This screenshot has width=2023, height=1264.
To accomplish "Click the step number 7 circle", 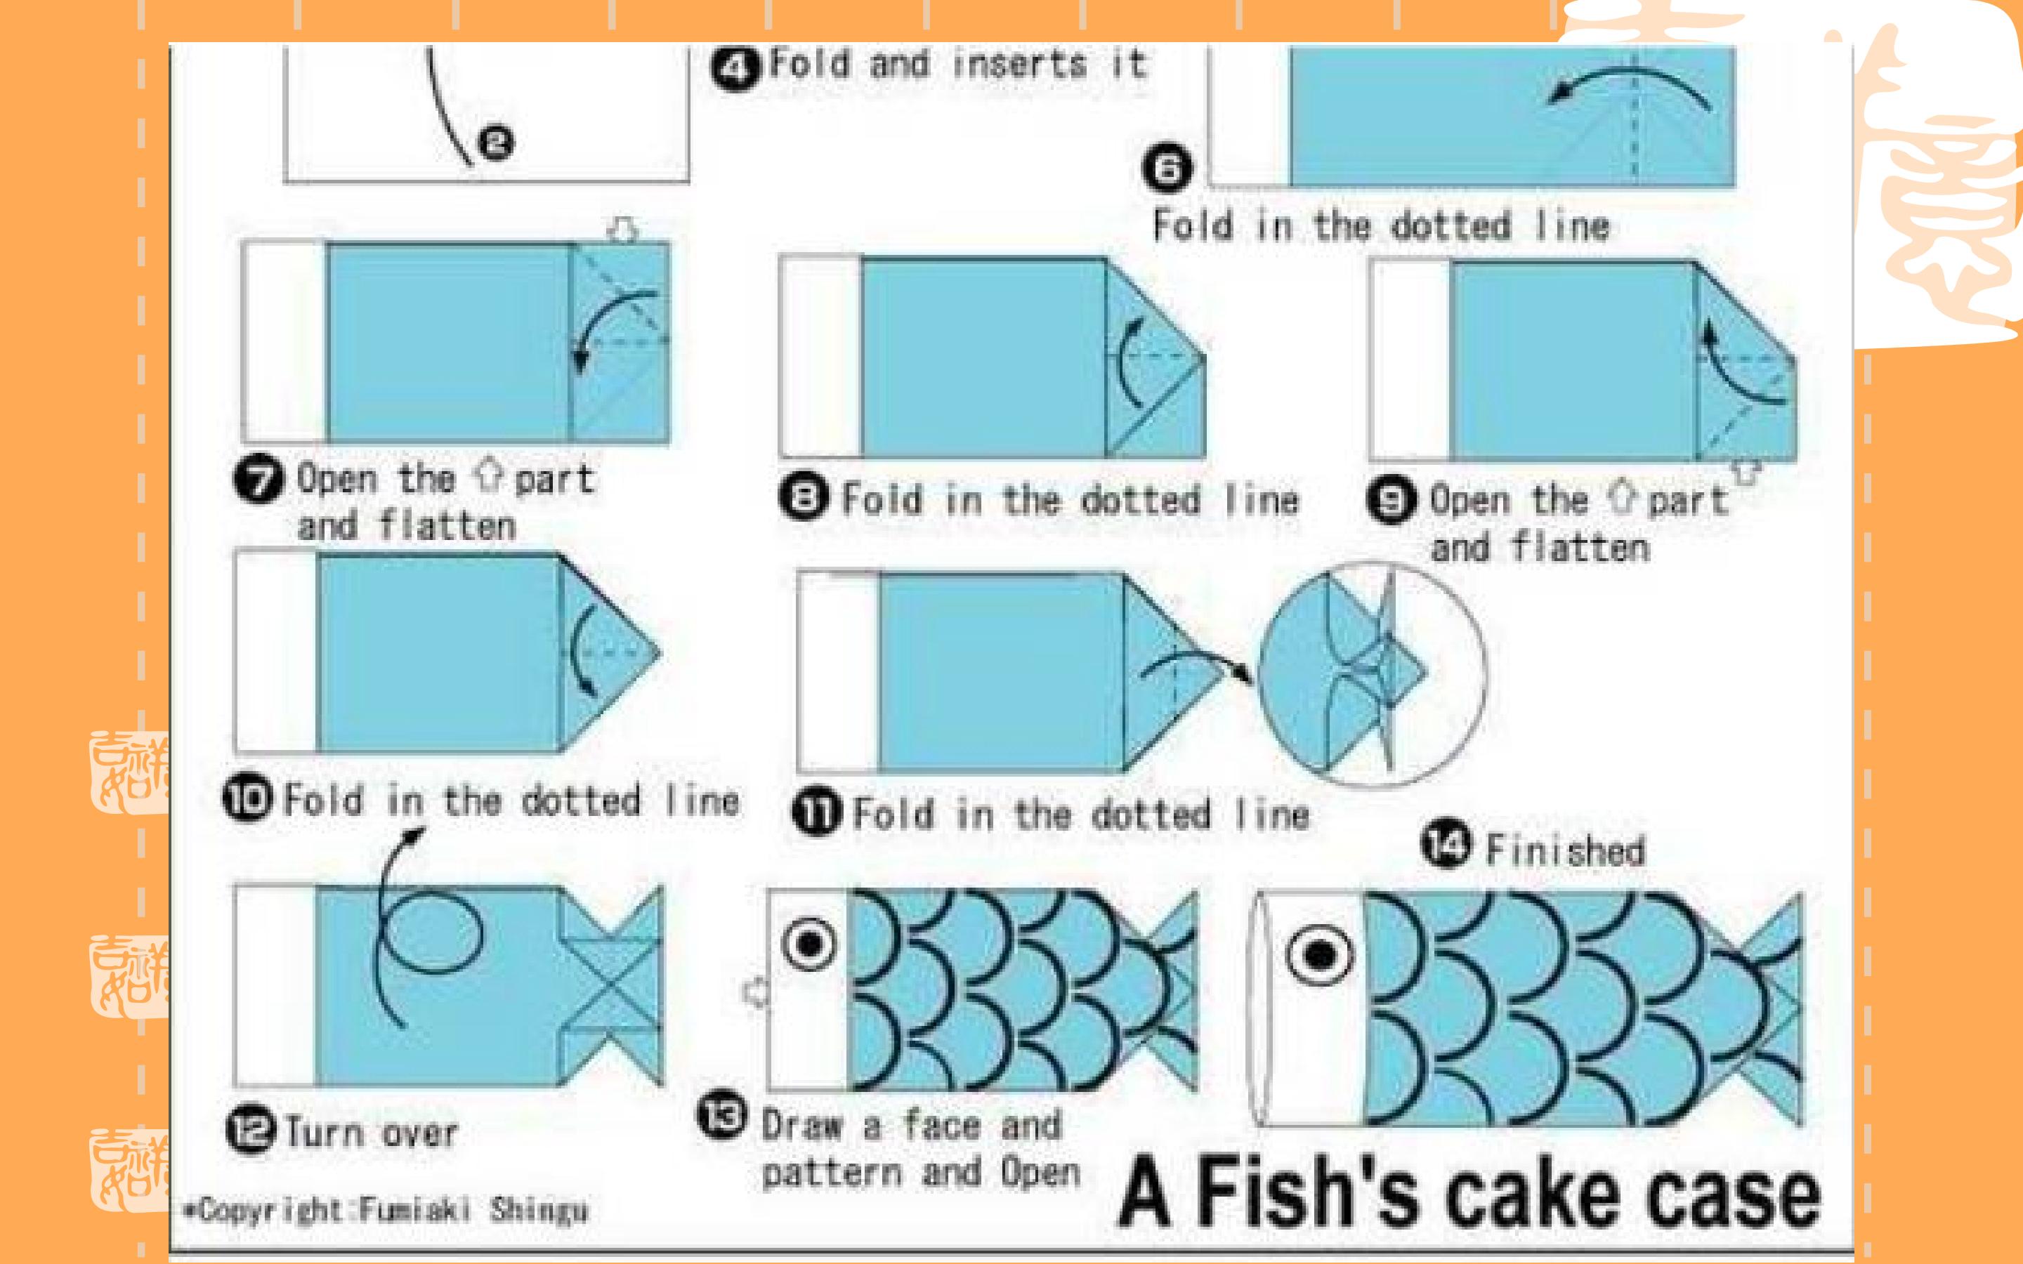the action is point(259,480).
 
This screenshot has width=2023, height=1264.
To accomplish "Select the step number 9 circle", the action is point(1392,501).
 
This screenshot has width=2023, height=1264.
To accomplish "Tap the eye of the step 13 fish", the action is point(808,944).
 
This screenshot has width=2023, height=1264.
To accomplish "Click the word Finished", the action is point(1566,850).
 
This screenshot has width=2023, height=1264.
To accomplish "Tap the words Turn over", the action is point(372,1133).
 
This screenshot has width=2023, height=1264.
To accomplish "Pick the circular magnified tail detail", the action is point(1372,674).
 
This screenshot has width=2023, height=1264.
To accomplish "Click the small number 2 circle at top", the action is point(496,143).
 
